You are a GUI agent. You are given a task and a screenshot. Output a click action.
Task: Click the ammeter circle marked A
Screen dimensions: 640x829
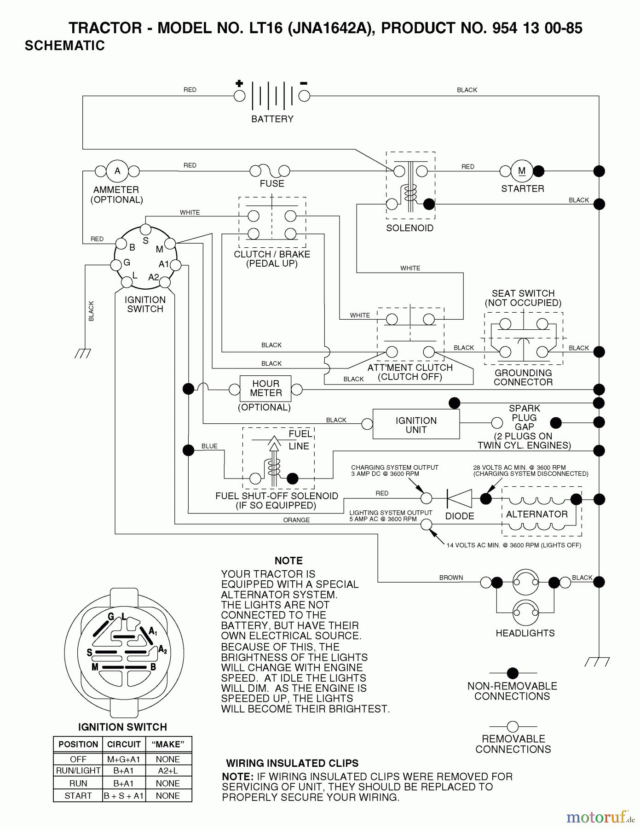[x=117, y=171]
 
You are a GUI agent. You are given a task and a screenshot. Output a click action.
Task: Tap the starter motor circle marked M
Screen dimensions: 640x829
[x=522, y=171]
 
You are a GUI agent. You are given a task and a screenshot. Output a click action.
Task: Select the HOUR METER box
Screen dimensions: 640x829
[x=265, y=388]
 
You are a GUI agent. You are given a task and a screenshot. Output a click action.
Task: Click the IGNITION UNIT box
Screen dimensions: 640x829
[x=416, y=424]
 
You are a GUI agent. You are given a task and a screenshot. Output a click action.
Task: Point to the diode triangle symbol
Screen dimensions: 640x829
[x=460, y=499]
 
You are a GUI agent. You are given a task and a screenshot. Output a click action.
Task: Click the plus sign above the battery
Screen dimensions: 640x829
[x=239, y=83]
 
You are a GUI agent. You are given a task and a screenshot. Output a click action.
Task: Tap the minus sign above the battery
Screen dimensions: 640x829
[x=304, y=83]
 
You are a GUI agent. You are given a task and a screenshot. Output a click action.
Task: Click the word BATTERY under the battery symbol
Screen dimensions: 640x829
[x=272, y=119]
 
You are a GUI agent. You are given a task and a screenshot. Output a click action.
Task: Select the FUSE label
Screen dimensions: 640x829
[x=272, y=183]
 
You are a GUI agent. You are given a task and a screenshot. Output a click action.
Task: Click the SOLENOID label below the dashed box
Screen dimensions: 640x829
[x=409, y=228]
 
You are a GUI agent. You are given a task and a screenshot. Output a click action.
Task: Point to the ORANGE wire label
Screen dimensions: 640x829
[x=296, y=520]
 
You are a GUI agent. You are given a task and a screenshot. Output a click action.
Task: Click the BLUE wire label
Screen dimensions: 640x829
[x=209, y=446]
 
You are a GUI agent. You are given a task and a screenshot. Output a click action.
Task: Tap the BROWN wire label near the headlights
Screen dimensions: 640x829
[x=451, y=578]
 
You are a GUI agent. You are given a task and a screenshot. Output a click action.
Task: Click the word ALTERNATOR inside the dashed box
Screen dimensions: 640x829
[x=537, y=514]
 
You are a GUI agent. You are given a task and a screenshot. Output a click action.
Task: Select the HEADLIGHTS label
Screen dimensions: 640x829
[x=525, y=633]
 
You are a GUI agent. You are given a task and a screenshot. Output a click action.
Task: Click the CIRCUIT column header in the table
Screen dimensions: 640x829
[x=124, y=744]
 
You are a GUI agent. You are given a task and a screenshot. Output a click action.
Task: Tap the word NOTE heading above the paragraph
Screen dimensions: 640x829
[x=288, y=560]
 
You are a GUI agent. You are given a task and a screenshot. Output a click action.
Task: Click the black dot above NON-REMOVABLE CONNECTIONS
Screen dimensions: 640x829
[x=512, y=673]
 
